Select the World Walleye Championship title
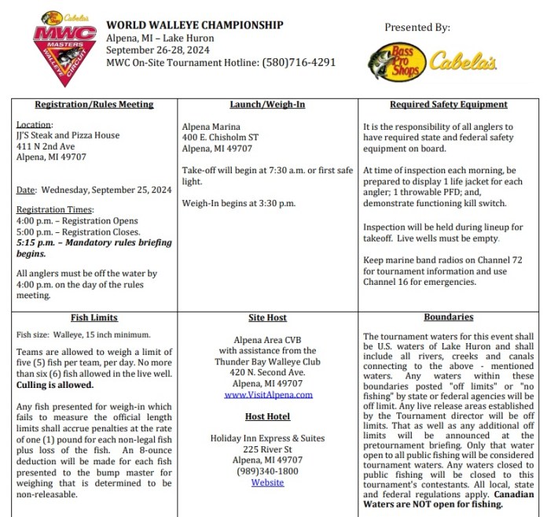(x=194, y=25)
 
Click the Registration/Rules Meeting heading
(x=94, y=105)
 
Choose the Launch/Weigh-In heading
(x=267, y=105)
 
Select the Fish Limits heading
(x=94, y=318)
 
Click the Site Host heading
(x=267, y=318)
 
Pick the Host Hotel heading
(x=267, y=415)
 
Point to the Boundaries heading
(x=448, y=317)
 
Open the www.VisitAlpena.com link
(x=267, y=394)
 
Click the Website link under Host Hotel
(x=267, y=482)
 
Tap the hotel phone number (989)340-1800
(x=267, y=471)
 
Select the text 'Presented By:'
(x=417, y=28)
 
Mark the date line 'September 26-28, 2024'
(x=154, y=50)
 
